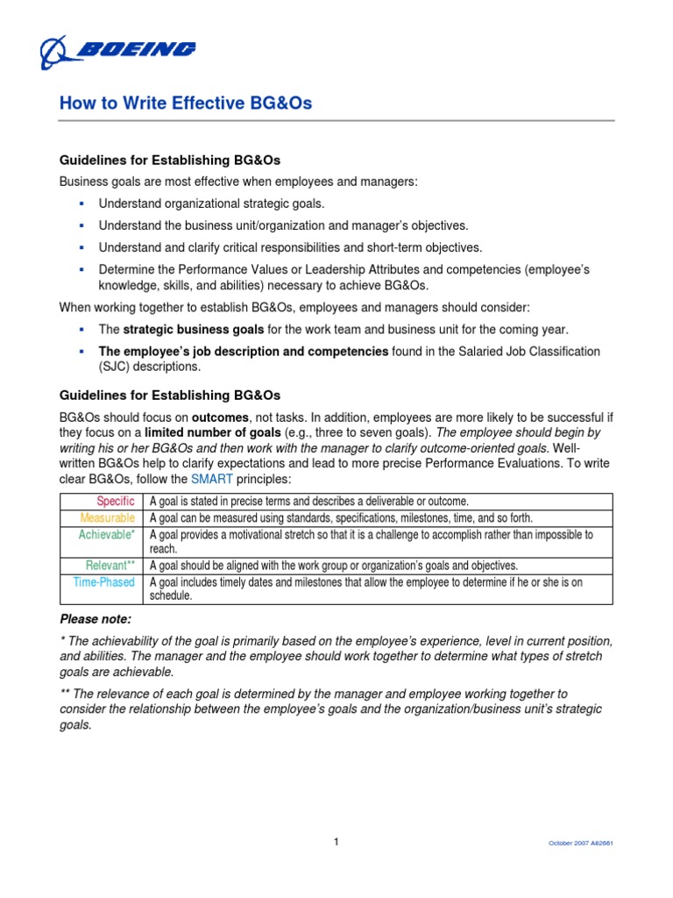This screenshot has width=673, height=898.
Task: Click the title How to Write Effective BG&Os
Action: coord(185,104)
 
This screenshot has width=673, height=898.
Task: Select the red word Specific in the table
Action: coord(116,501)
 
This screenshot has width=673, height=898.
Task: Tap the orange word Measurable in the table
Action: coord(107,517)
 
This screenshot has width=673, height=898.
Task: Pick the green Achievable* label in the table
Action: coord(107,534)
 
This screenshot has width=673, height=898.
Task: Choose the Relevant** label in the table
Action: coord(110,565)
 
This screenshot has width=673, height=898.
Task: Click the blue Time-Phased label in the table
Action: coord(105,581)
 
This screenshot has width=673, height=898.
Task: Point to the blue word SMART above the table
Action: coord(212,479)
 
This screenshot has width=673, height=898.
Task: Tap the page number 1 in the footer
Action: coord(336,841)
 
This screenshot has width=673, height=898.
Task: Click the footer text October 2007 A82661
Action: coord(580,843)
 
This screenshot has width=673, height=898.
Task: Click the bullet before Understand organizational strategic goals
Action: coord(80,203)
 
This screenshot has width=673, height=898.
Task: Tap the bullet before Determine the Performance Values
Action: coord(80,270)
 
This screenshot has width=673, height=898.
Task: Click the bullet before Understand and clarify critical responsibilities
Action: coord(80,247)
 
